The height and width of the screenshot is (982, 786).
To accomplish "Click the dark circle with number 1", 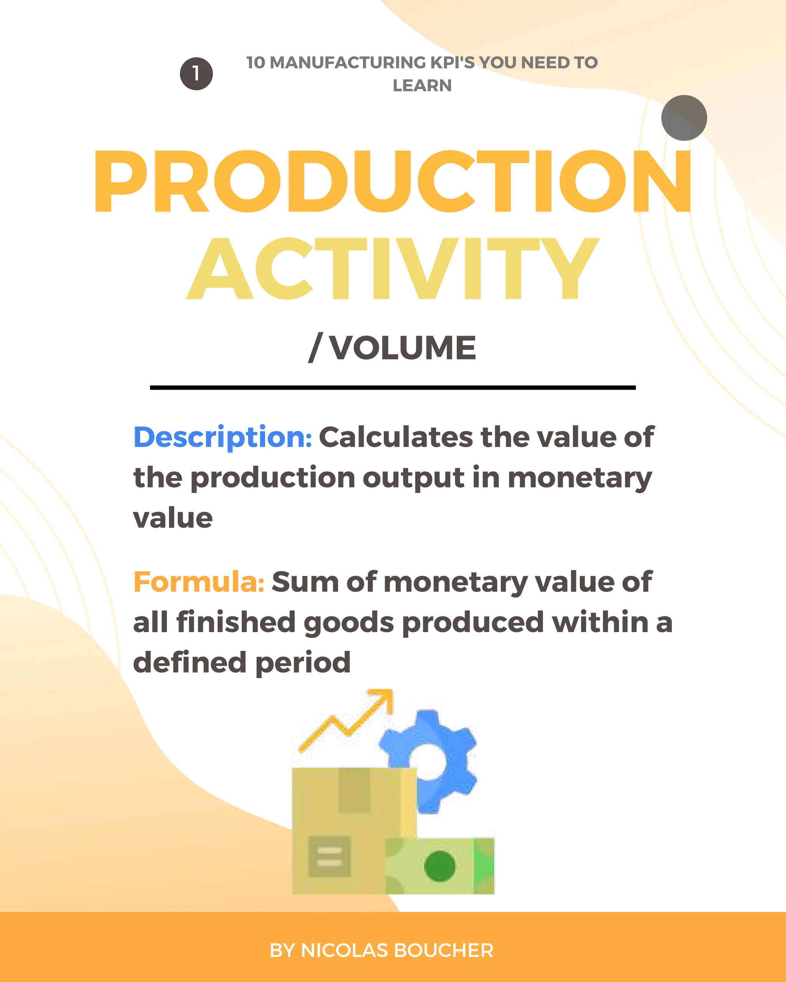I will coord(196,73).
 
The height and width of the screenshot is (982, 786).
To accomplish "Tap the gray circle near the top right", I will coord(684,118).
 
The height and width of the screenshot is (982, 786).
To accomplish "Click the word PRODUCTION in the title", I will coord(392,182).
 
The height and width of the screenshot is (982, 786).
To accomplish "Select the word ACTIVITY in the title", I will coord(392,269).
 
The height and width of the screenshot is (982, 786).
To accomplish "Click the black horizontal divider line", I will coord(392,387).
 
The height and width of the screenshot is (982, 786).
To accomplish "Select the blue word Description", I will coord(222,437).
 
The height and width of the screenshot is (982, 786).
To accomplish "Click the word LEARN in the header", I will coord(422,86).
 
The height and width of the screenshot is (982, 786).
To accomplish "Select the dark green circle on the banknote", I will coord(439,866).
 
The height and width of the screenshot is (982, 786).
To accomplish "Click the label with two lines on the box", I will coord(329,856).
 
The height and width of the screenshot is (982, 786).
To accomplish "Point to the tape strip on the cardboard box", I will coord(354,790).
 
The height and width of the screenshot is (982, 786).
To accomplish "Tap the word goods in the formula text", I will coord(348,623).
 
